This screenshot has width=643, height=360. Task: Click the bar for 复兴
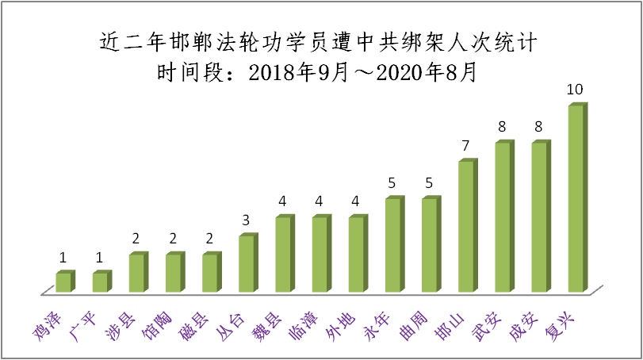point(576,197)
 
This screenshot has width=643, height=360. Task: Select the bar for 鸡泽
point(63,282)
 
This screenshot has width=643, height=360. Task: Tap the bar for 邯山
point(466,226)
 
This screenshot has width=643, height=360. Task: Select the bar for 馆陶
point(173,272)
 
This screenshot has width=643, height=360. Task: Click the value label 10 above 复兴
point(576,90)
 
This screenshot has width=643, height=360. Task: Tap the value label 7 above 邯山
point(466,146)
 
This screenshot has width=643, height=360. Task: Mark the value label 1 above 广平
point(100,258)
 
